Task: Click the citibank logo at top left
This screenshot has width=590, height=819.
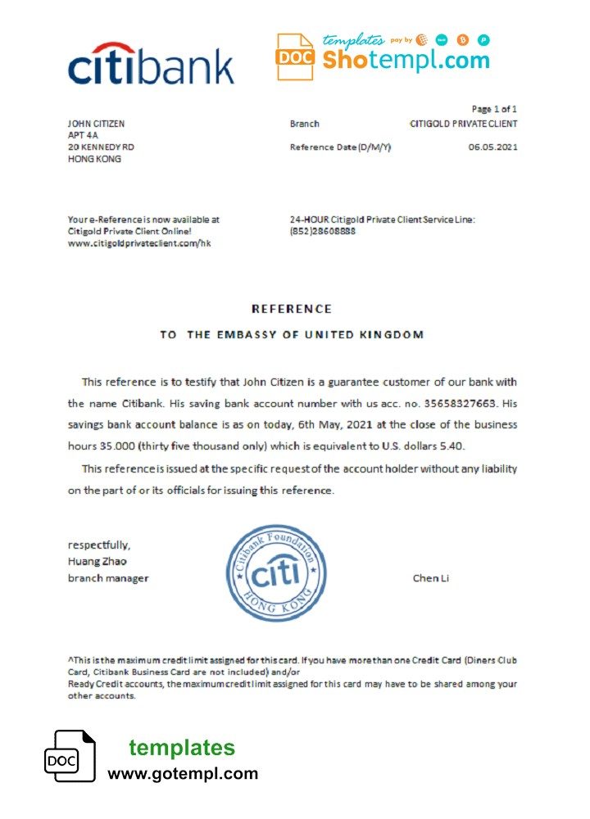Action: (x=150, y=66)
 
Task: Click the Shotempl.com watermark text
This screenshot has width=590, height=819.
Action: (x=406, y=60)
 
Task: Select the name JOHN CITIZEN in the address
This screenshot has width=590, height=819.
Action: (x=96, y=124)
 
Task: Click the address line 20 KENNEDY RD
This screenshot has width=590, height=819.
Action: (x=101, y=147)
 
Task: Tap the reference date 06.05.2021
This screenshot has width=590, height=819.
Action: (x=492, y=147)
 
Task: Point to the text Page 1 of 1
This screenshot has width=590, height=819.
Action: (x=494, y=109)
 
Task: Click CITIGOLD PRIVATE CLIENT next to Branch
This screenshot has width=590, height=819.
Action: (x=463, y=124)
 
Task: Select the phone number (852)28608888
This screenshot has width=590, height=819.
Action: (x=323, y=232)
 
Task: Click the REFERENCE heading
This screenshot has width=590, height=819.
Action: (x=292, y=309)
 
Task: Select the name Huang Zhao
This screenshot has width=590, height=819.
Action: (x=97, y=561)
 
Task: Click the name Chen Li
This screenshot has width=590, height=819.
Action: (x=430, y=578)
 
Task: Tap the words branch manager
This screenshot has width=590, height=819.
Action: (x=108, y=578)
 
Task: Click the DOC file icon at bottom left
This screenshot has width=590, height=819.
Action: (x=69, y=758)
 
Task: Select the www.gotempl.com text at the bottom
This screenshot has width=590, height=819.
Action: (x=183, y=773)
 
